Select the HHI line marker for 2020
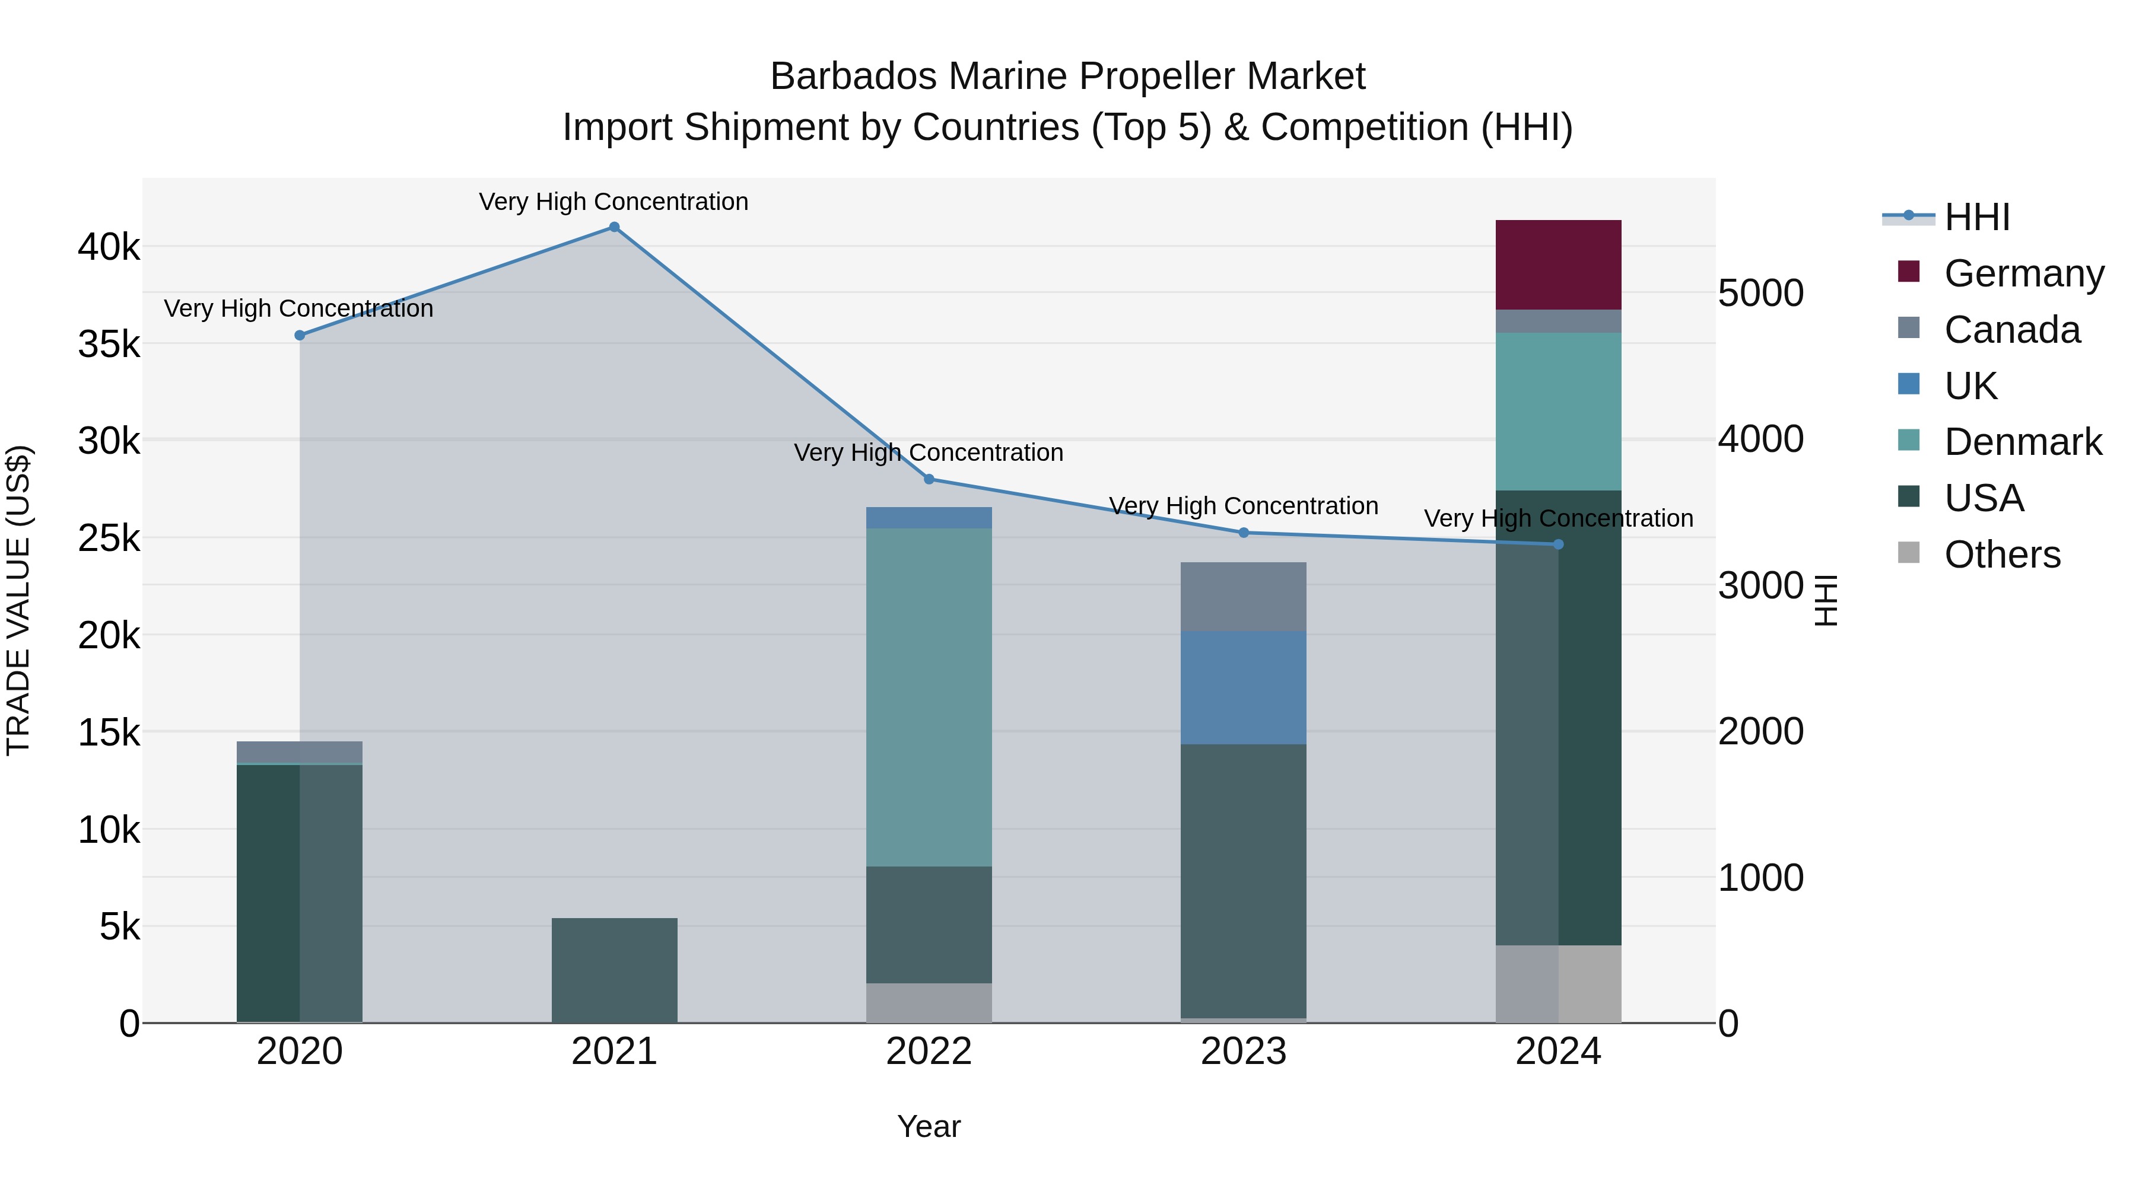(x=300, y=336)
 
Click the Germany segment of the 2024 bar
(x=1558, y=265)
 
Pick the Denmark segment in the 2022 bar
(x=929, y=697)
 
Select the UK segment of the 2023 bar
(x=1244, y=688)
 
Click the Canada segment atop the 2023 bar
(x=1244, y=597)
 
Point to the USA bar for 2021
(x=615, y=970)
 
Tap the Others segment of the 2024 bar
(x=1558, y=984)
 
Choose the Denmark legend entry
(x=2023, y=442)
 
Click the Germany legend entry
(x=2023, y=273)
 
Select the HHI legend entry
(x=1977, y=217)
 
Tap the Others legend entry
(x=2002, y=555)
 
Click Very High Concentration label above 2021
(x=614, y=202)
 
